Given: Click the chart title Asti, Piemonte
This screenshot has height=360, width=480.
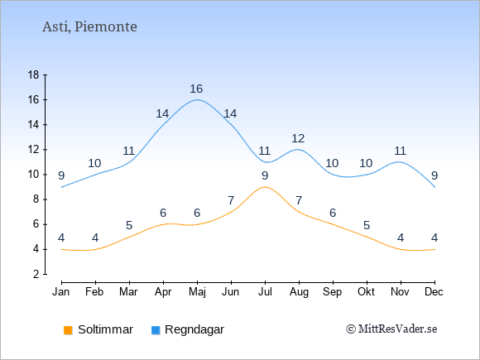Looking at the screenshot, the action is click(x=89, y=26).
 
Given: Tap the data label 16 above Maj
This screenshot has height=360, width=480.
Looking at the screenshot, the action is click(x=196, y=89).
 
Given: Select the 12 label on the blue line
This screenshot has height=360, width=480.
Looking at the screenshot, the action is click(x=298, y=139).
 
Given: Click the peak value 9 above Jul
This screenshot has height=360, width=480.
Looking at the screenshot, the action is click(x=265, y=175).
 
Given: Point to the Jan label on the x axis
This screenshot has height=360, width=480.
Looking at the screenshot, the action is click(x=61, y=292).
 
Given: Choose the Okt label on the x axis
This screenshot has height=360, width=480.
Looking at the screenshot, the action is click(x=366, y=292).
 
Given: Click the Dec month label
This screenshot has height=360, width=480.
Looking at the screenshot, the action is click(x=434, y=292).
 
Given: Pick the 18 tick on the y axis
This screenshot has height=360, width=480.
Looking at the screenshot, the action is click(x=33, y=74).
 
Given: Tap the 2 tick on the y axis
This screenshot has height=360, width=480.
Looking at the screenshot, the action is click(x=36, y=274).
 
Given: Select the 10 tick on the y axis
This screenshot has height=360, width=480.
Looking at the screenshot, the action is click(x=33, y=175).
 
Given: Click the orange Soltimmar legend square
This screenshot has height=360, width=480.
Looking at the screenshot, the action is click(x=68, y=330).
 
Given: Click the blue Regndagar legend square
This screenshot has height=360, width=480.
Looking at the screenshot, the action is click(x=156, y=330).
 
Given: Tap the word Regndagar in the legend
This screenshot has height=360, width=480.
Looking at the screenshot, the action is click(x=194, y=329).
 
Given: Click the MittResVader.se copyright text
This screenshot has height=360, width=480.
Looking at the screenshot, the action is click(x=391, y=329).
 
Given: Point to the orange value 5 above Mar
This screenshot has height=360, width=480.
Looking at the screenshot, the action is click(x=129, y=226).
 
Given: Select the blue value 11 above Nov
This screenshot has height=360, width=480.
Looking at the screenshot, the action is click(x=400, y=151).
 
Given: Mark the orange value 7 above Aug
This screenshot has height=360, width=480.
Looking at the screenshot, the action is click(x=299, y=201).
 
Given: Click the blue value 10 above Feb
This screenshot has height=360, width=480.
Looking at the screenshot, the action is click(x=94, y=164).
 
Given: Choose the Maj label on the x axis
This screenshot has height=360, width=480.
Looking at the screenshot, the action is click(x=197, y=292).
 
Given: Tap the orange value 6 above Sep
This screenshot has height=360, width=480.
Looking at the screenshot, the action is click(x=333, y=213).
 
